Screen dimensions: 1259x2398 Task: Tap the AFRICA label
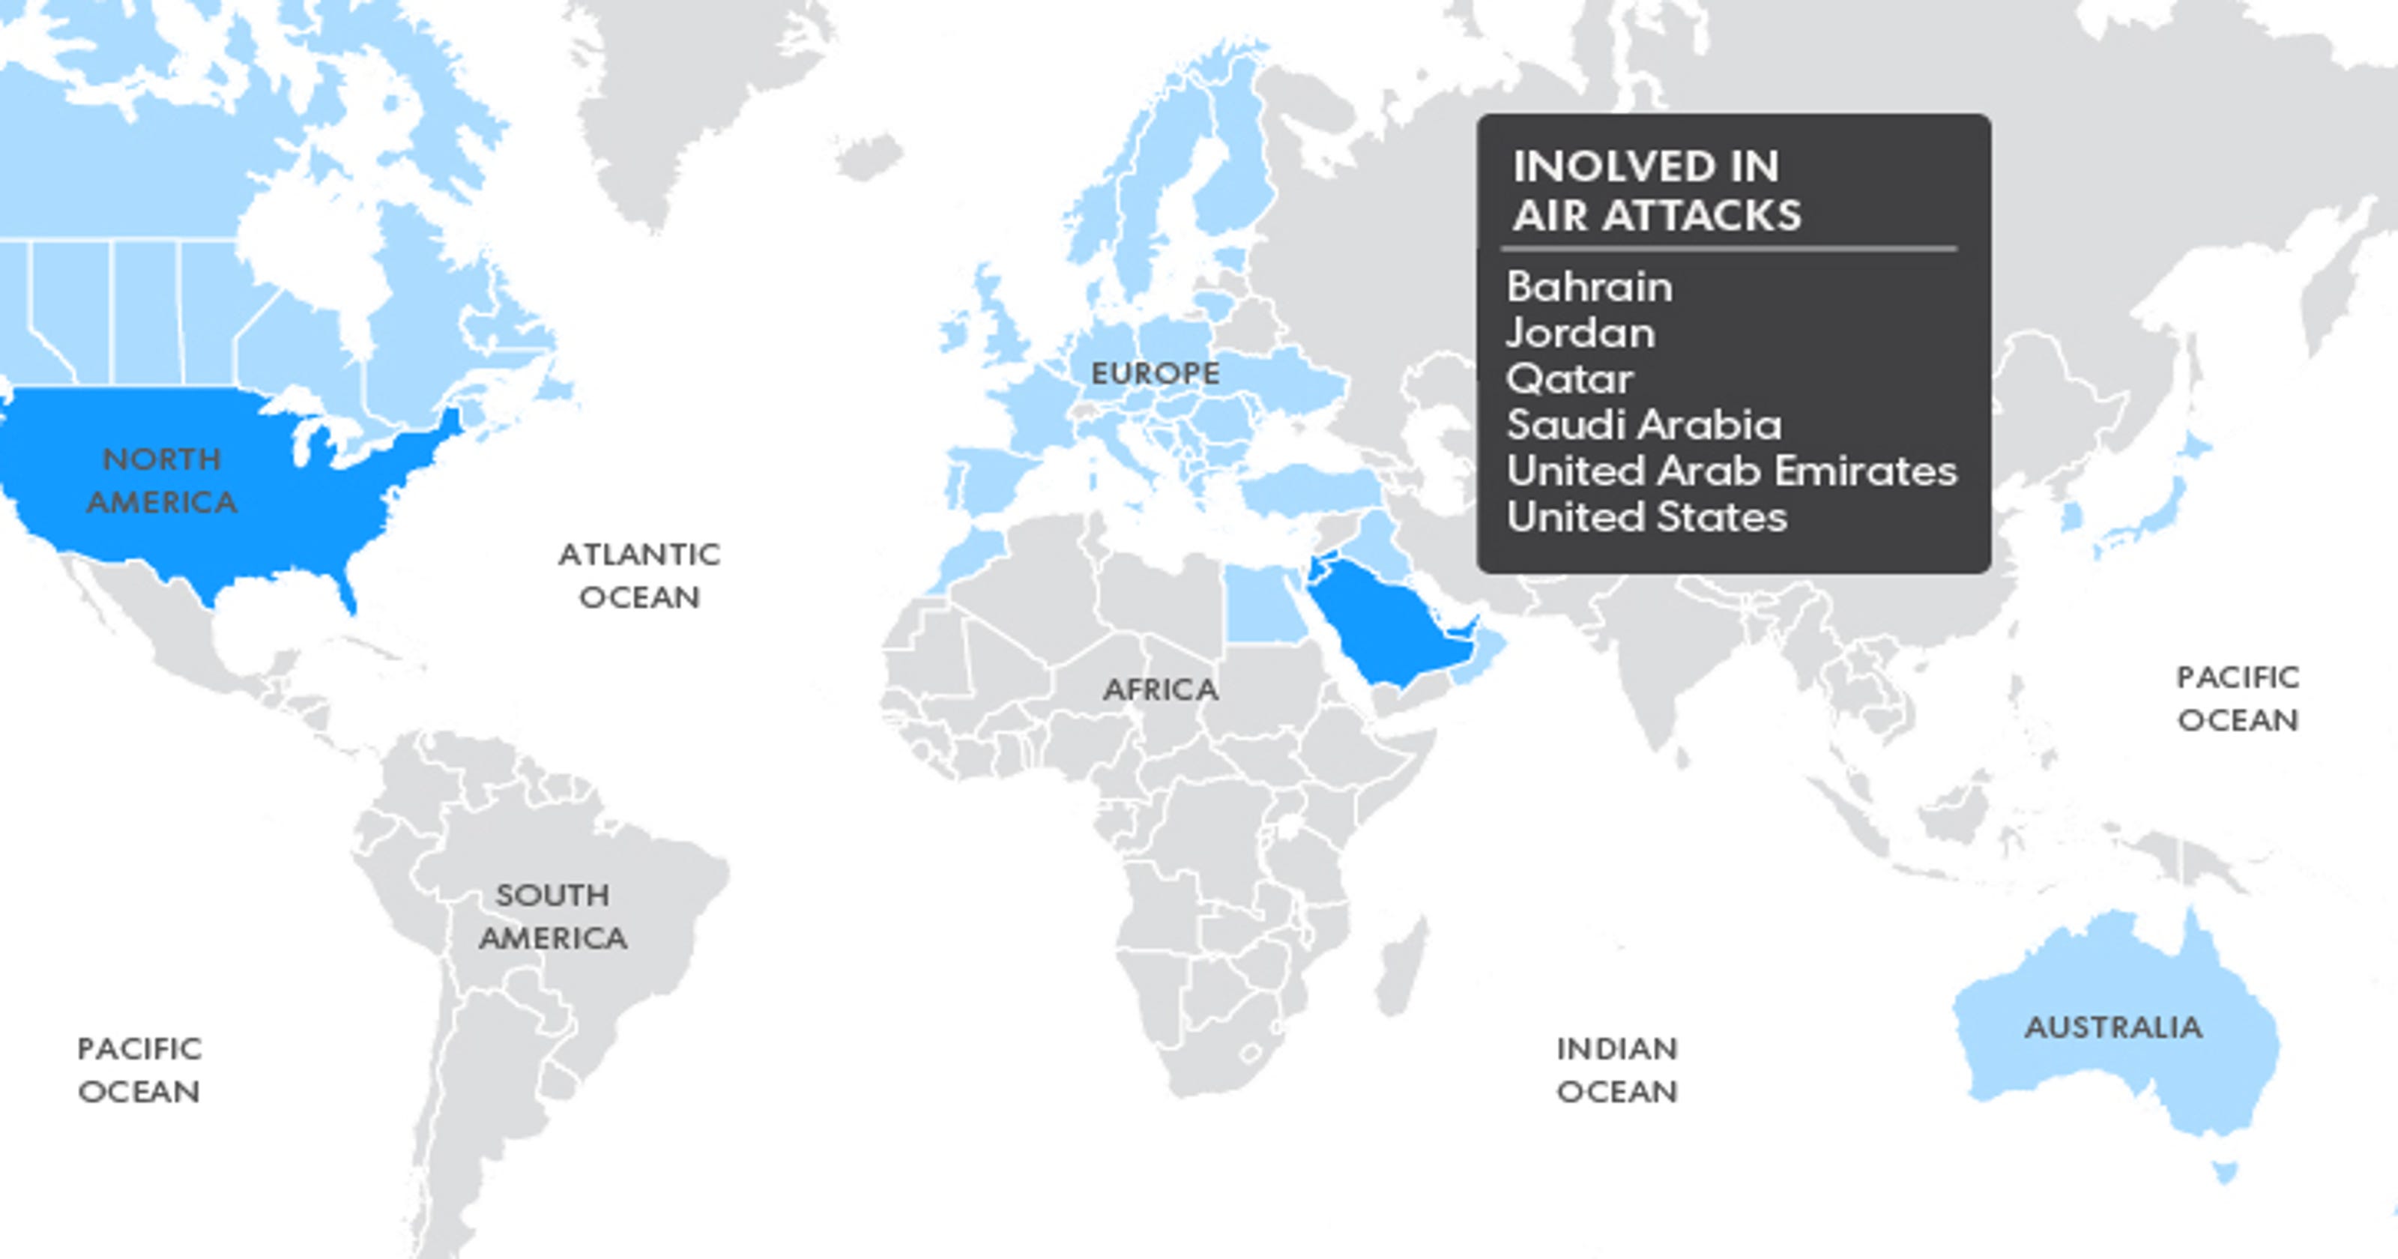(1160, 690)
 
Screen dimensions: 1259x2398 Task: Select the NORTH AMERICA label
(162, 480)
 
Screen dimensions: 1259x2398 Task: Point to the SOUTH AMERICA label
(553, 917)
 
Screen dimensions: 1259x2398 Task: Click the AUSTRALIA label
(2113, 1027)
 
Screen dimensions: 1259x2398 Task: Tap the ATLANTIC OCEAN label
(639, 576)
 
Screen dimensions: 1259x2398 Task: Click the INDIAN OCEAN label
(1617, 1070)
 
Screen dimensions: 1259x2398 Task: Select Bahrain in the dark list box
(1589, 287)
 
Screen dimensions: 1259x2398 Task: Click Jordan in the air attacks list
(1580, 333)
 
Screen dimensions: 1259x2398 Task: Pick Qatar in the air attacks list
(1569, 379)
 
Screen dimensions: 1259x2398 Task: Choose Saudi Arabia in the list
(1644, 425)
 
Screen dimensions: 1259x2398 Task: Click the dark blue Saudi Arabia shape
(1378, 624)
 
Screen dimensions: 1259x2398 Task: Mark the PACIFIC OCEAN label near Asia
(2238, 698)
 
